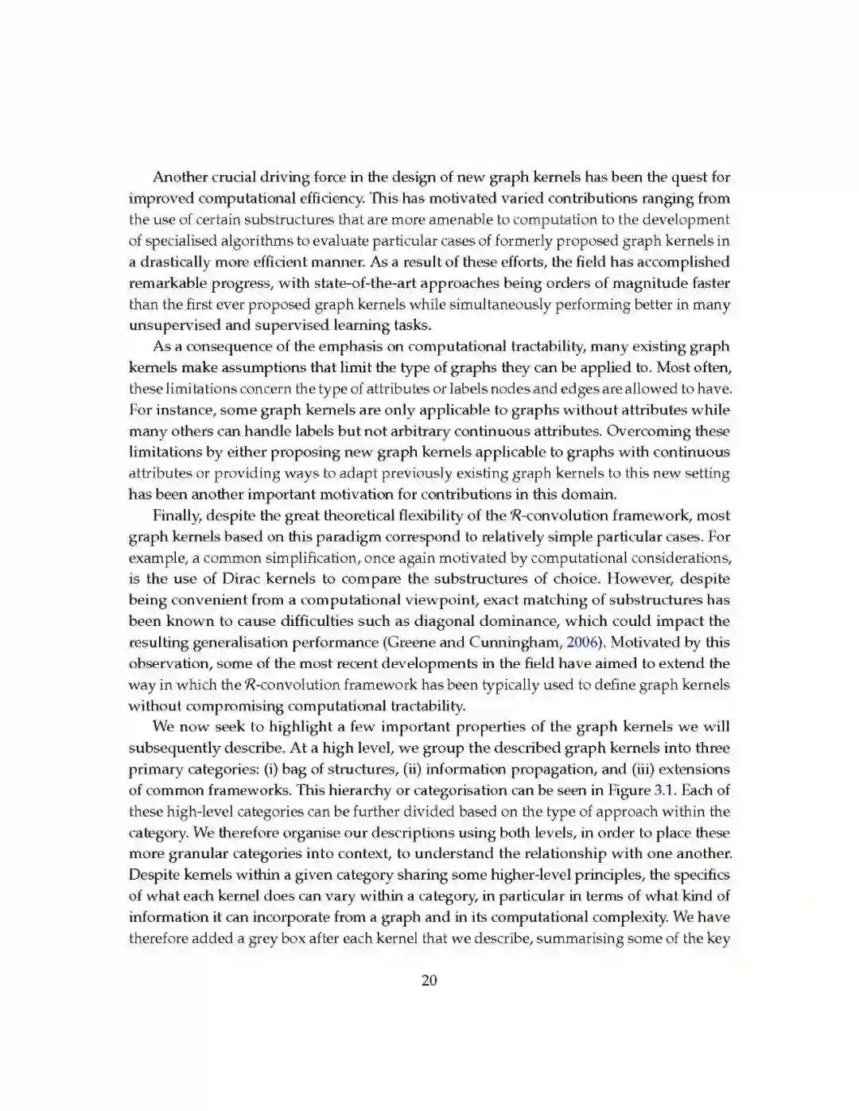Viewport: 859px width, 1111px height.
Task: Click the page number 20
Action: [429, 981]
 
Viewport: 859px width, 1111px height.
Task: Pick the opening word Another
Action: [180, 177]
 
